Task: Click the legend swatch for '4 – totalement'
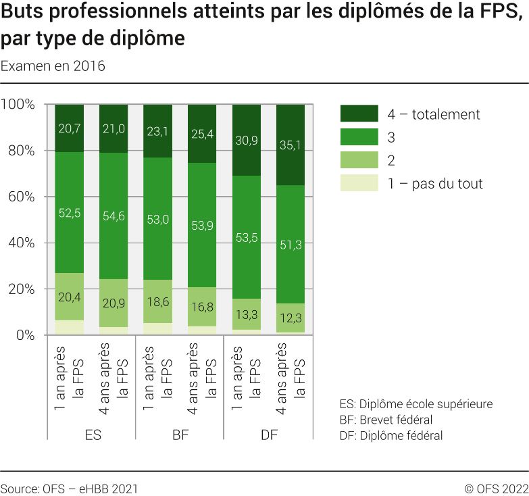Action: coord(359,114)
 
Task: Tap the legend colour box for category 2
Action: coord(359,160)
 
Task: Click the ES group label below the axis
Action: coord(92,436)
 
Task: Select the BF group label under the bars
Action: coord(180,436)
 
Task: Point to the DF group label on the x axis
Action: coord(268,436)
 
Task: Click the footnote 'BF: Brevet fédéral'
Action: coord(385,420)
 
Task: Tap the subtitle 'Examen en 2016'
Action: coord(53,66)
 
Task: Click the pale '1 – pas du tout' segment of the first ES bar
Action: coord(70,328)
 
